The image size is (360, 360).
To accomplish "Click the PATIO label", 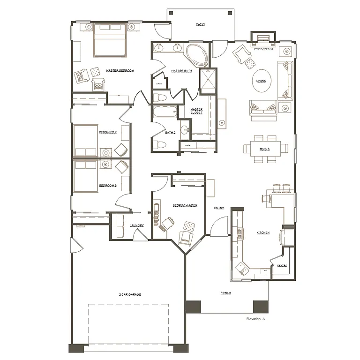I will pos(200,24).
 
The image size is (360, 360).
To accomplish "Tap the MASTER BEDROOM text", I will pos(120,70).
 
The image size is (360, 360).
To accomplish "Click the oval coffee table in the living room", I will pos(261,80).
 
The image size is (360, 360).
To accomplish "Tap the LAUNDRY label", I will pos(136,225).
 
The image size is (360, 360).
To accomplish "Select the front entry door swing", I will pos(217,228).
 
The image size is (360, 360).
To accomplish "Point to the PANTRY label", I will pos(282,265).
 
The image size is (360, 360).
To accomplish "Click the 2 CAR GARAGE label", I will pos(130,294).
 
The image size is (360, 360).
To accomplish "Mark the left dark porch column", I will pos(193,307).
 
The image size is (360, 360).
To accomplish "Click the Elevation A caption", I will pos(255,319).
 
